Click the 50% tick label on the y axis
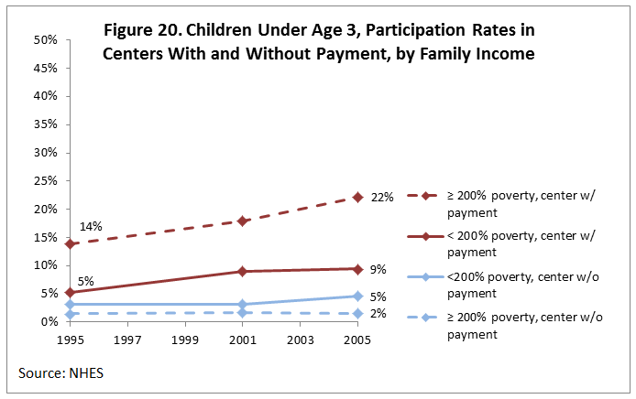(x=47, y=40)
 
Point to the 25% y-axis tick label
(x=47, y=181)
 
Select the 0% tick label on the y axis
(x=50, y=322)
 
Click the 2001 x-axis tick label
(x=242, y=340)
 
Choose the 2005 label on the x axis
(x=357, y=340)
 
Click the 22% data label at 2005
(x=382, y=197)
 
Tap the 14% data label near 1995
(x=91, y=226)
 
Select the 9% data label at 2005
(x=379, y=269)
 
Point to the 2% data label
(x=379, y=313)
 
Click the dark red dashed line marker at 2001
(x=242, y=221)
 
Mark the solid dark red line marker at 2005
(x=357, y=269)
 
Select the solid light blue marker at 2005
(x=357, y=296)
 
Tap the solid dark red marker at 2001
(x=242, y=271)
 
